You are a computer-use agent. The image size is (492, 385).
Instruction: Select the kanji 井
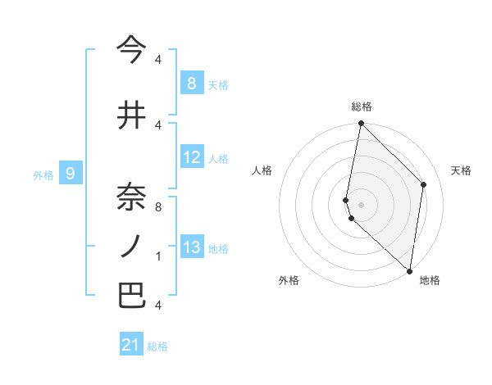131,115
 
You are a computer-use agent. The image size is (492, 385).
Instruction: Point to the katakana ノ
131,247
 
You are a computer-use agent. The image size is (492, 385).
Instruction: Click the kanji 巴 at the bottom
131,296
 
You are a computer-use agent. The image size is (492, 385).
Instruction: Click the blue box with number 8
191,83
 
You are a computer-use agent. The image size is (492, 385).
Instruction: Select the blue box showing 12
191,157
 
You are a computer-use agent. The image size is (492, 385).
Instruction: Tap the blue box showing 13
191,247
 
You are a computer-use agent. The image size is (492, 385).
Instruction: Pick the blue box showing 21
131,345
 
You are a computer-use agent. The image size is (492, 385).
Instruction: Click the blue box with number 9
71,173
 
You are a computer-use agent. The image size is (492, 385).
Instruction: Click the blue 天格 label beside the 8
217,84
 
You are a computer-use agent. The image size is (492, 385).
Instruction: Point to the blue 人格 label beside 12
217,159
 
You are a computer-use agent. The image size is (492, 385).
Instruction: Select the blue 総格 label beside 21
157,346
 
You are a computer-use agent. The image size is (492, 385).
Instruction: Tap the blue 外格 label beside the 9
43,174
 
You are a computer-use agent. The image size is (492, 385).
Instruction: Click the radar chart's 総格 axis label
361,106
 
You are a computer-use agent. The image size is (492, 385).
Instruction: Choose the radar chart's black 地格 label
430,280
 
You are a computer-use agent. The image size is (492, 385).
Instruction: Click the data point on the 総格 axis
361,124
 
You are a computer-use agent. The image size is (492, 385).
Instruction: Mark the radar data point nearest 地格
409,271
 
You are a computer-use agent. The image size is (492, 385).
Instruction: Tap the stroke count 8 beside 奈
158,206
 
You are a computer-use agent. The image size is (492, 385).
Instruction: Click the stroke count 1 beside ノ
158,256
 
